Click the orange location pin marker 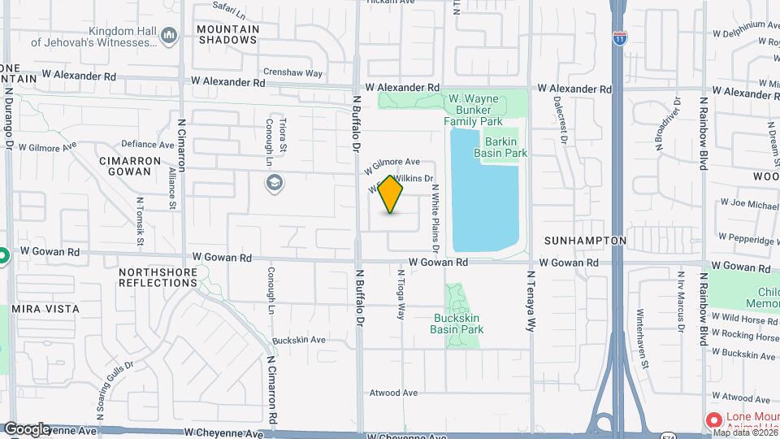tap(391, 194)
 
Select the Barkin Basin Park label tap(506, 146)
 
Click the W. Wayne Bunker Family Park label tap(485, 110)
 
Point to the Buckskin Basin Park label tap(457, 324)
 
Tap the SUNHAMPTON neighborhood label tap(585, 241)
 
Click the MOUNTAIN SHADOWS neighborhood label tap(228, 34)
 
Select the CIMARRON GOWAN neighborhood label tap(136, 166)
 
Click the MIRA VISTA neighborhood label tap(45, 309)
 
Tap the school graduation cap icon tap(275, 182)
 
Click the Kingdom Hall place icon tap(169, 35)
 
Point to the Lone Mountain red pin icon tap(713, 420)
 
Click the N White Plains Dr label tap(435, 206)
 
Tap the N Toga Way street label tap(401, 293)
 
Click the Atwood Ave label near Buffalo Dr tap(392, 393)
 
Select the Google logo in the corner tap(26, 428)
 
